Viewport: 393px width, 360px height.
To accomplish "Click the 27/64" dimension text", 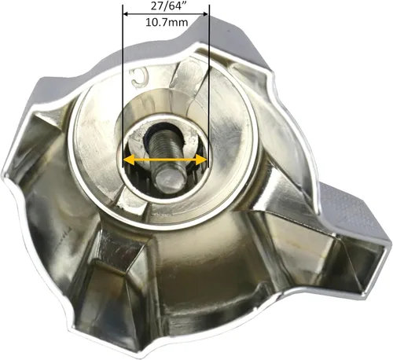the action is point(167,6).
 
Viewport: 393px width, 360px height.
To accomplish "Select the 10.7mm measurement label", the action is point(167,23).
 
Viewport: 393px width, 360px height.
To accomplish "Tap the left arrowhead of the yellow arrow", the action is point(129,160).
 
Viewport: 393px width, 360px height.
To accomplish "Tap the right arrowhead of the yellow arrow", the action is point(201,160).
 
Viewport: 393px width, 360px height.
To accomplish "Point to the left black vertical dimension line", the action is point(123,86).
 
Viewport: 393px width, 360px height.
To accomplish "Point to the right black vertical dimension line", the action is point(208,86).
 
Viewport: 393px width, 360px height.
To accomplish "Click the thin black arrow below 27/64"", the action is point(166,14).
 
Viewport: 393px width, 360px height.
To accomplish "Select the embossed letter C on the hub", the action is point(140,79).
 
